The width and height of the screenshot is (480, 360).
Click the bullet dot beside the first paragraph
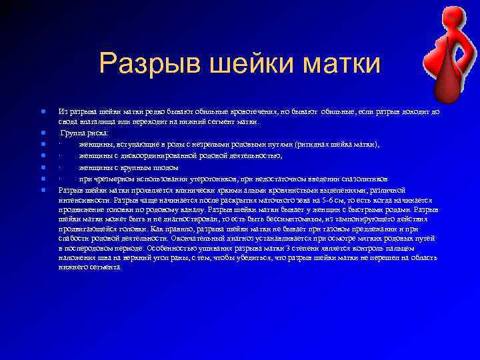coord(42,111)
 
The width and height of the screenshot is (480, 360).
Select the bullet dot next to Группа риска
coord(42,133)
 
